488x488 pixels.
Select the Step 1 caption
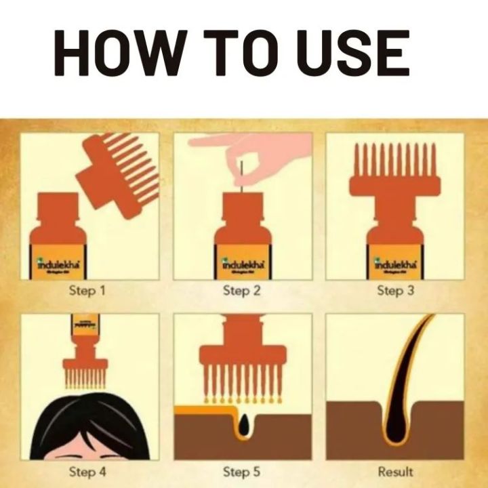[x=87, y=291]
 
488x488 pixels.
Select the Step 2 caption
[x=242, y=291]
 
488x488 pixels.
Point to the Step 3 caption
[x=395, y=291]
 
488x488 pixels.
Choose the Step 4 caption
[x=87, y=470]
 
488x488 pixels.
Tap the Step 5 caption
[x=242, y=470]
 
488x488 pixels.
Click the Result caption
[x=395, y=470]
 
